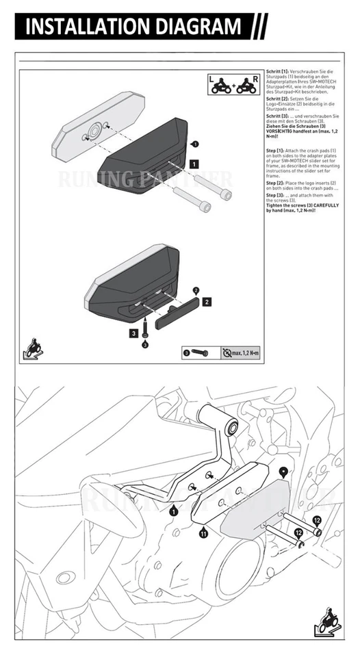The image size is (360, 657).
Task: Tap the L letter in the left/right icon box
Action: (x=212, y=80)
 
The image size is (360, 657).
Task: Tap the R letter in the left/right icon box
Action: (x=254, y=80)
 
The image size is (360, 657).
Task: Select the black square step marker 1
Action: (x=194, y=164)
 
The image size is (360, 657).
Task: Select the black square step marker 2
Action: (x=206, y=300)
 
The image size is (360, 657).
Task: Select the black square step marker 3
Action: (x=134, y=333)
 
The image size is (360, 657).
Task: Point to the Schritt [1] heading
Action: (x=278, y=72)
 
